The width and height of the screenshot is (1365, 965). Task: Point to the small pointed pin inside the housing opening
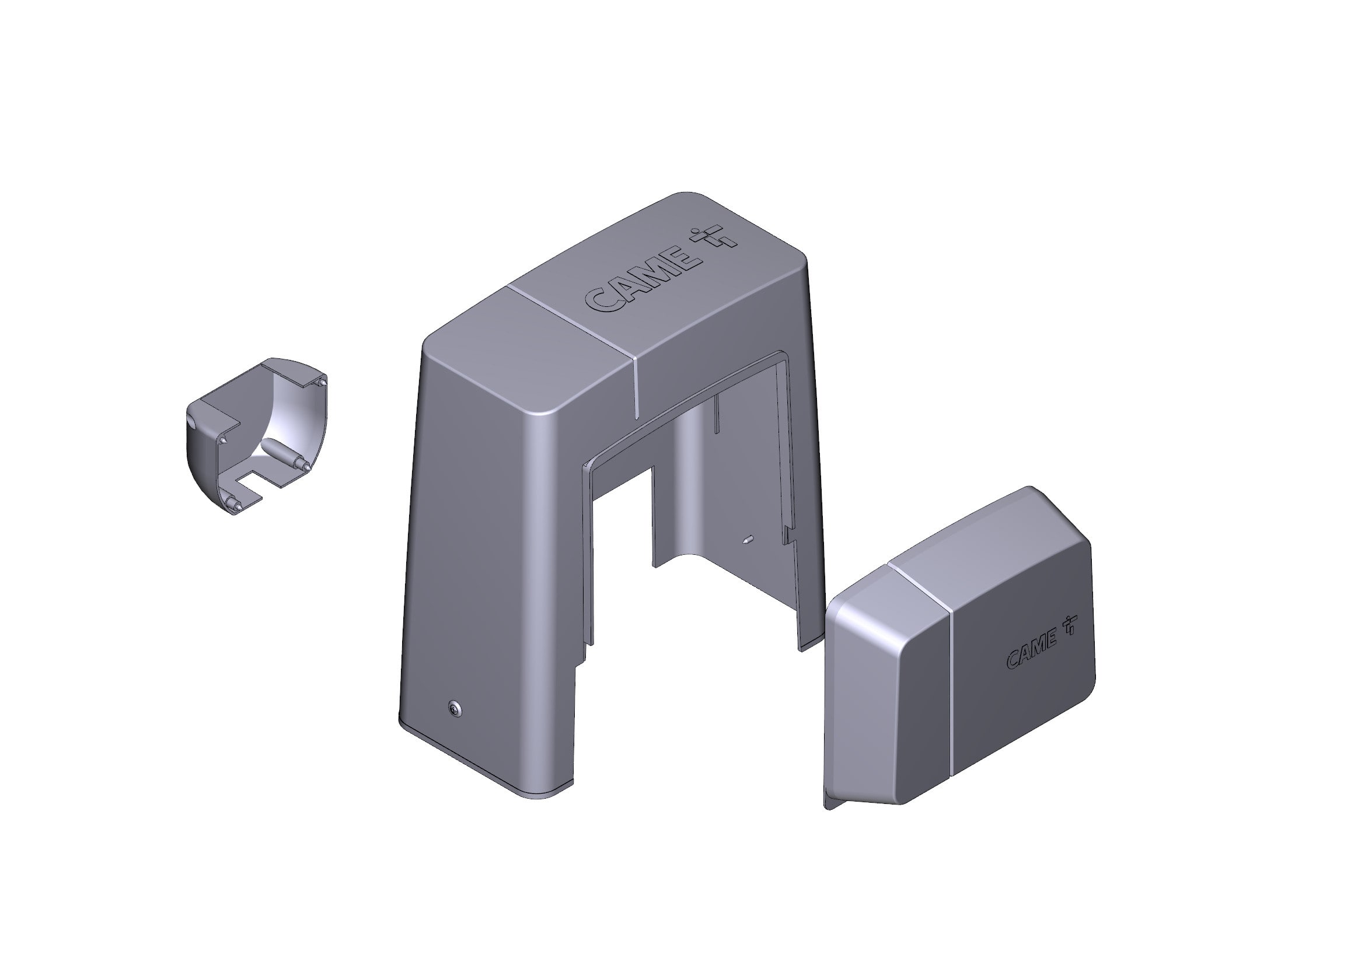click(748, 540)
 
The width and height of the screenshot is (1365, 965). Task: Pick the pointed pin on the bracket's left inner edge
click(222, 440)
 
